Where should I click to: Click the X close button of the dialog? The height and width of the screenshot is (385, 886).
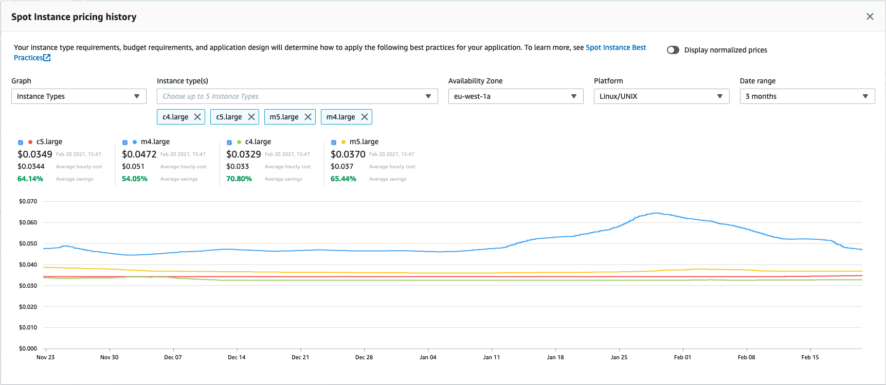pyautogui.click(x=870, y=16)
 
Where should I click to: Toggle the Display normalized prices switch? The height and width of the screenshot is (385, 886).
pyautogui.click(x=673, y=50)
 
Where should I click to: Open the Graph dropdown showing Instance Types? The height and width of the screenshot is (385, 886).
pyautogui.click(x=79, y=96)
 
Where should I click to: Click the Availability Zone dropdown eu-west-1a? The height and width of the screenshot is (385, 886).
pyautogui.click(x=515, y=96)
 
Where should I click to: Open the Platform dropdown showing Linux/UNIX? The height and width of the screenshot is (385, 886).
pyautogui.click(x=661, y=96)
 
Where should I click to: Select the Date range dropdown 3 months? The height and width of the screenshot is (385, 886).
pyautogui.click(x=806, y=96)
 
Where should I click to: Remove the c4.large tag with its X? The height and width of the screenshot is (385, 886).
pyautogui.click(x=197, y=117)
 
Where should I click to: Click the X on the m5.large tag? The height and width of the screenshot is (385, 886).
pyautogui.click(x=308, y=117)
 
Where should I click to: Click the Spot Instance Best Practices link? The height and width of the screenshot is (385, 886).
pyautogui.click(x=616, y=47)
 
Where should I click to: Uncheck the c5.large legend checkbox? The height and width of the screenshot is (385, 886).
pyautogui.click(x=21, y=142)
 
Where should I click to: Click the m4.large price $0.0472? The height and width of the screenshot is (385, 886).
pyautogui.click(x=139, y=154)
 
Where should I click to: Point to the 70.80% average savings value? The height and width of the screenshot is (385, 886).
pyautogui.click(x=239, y=179)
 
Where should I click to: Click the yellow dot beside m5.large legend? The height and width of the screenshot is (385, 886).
pyautogui.click(x=343, y=142)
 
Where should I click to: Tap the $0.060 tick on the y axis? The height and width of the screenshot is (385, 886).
pyautogui.click(x=28, y=222)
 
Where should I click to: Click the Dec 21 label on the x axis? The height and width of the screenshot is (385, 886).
pyautogui.click(x=300, y=357)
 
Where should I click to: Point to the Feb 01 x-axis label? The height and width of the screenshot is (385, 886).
pyautogui.click(x=682, y=357)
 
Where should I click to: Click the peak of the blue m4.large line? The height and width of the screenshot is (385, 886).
pyautogui.click(x=656, y=213)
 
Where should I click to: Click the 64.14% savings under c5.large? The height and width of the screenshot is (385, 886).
pyautogui.click(x=30, y=179)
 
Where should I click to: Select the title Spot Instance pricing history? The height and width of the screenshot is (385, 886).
pyautogui.click(x=74, y=17)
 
